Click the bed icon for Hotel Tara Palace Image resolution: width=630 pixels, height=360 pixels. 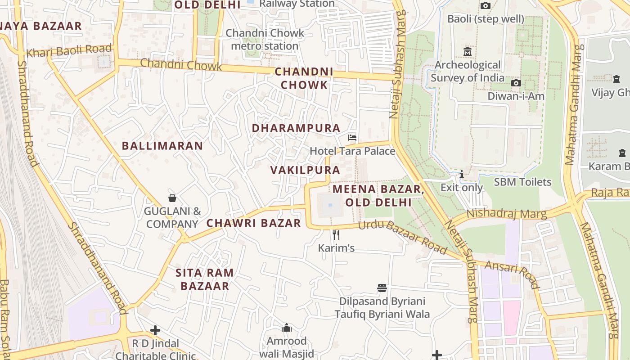(352, 137)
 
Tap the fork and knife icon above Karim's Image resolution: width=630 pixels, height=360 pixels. (336, 234)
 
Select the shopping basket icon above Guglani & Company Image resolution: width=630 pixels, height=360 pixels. (172, 198)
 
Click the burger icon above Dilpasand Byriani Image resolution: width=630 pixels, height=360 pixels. (382, 288)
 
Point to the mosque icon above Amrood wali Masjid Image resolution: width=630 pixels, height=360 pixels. (287, 327)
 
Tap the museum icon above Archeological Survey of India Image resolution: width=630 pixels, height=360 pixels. (467, 51)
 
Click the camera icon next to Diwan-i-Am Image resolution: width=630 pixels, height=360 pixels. (516, 83)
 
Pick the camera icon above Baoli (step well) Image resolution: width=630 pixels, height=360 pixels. (485, 5)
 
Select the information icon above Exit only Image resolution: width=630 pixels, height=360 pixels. (461, 175)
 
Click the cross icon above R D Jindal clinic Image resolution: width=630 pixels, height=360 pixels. (155, 330)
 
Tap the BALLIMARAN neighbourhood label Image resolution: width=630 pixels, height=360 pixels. (162, 146)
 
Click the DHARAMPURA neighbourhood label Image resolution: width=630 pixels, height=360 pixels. (296, 128)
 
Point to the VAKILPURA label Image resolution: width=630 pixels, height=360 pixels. (305, 170)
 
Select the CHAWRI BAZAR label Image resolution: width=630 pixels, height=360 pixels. (253, 223)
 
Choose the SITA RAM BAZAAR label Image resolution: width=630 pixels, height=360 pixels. (205, 279)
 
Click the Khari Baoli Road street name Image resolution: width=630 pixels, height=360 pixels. (68, 51)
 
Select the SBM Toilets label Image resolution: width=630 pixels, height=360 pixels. (522, 182)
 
